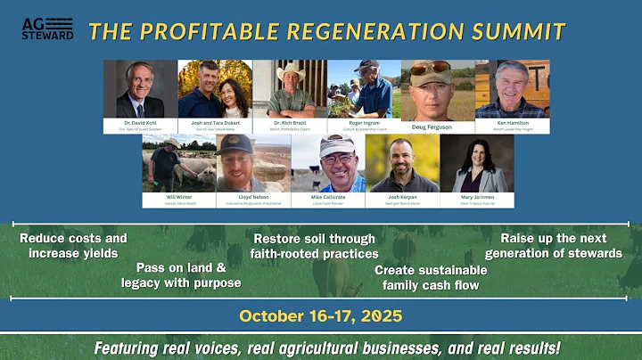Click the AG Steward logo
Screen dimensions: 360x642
pos(47,29)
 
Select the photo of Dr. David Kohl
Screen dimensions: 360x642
pos(139,89)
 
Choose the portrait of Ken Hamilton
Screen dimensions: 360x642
pos(512,89)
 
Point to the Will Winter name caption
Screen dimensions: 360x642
pos(177,197)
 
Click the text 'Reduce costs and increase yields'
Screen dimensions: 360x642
pos(73,246)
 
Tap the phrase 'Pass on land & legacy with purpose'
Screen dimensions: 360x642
pos(181,274)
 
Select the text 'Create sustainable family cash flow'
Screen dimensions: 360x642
pos(431,277)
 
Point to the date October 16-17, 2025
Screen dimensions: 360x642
pos(320,316)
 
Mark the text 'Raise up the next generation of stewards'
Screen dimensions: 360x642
pos(553,246)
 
